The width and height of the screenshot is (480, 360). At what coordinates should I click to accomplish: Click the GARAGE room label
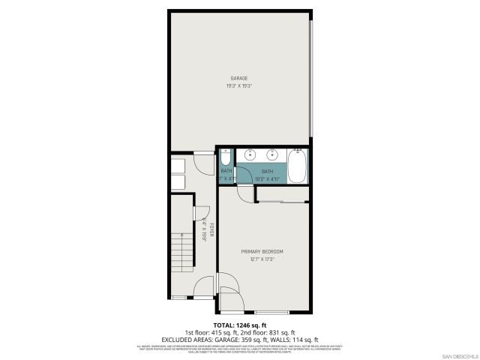click(x=238, y=78)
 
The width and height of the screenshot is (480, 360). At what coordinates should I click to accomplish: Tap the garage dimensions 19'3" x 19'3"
click(x=238, y=85)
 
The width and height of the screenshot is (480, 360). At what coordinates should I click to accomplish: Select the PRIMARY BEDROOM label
click(x=262, y=251)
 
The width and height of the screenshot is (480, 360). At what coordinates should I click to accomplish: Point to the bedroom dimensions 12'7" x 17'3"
click(x=262, y=259)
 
